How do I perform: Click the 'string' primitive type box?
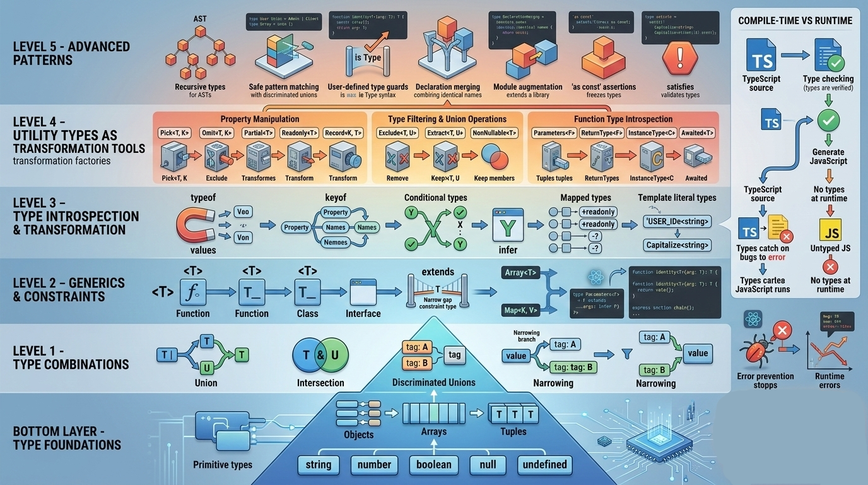(x=318, y=465)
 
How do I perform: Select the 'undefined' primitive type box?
(x=544, y=465)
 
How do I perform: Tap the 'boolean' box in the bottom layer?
(x=434, y=465)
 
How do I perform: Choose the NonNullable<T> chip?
(x=494, y=133)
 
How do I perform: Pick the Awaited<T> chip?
(x=697, y=133)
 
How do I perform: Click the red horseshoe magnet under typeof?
(x=196, y=225)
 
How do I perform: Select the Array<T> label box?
(x=521, y=273)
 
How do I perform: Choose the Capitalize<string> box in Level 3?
(x=677, y=244)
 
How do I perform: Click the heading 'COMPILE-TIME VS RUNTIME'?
(x=795, y=21)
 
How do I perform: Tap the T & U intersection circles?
(x=320, y=355)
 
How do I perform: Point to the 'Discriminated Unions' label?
(x=434, y=382)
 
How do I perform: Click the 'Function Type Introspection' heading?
(x=623, y=119)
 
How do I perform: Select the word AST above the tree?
(x=200, y=19)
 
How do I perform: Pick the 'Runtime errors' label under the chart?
(x=830, y=381)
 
